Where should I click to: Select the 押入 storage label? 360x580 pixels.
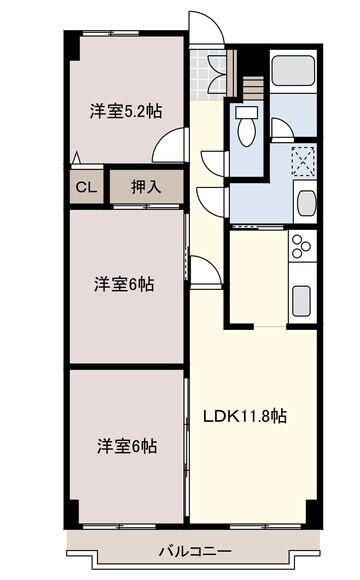pyautogui.click(x=145, y=187)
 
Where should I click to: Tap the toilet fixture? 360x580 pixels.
pyautogui.click(x=246, y=125)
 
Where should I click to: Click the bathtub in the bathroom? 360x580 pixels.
pyautogui.click(x=293, y=71)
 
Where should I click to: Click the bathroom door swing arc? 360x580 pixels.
pyautogui.click(x=281, y=129)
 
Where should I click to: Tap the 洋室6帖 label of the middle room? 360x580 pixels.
pyautogui.click(x=125, y=283)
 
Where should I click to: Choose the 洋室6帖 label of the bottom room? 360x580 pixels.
pyautogui.click(x=126, y=444)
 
